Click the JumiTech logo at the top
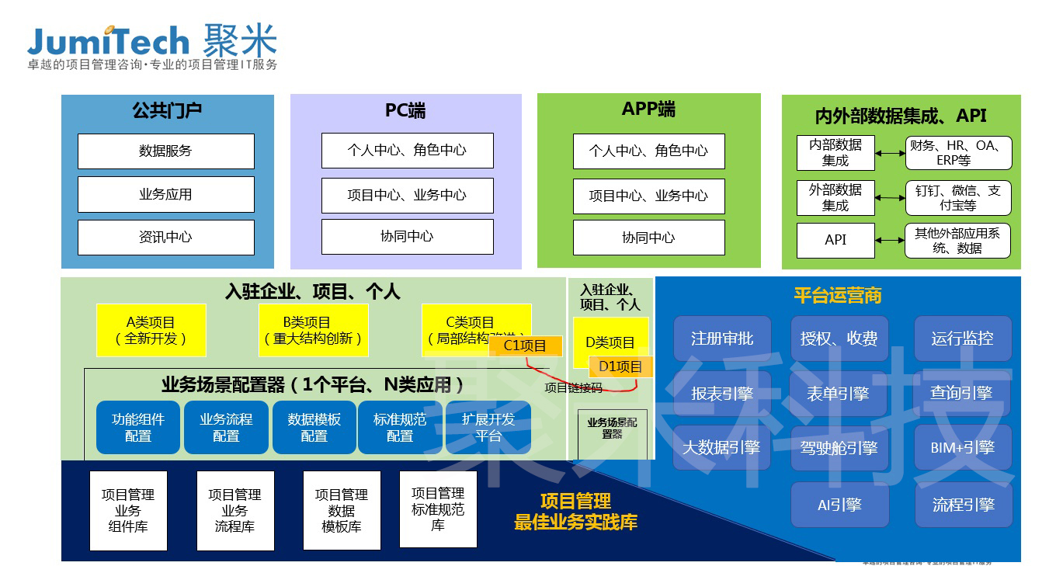[152, 43]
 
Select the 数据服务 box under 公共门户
[165, 151]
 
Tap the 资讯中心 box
[165, 237]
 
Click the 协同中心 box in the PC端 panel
[407, 236]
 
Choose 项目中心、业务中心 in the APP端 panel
[648, 195]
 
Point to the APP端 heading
[648, 109]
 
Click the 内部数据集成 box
[835, 152]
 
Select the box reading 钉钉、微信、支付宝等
[958, 198]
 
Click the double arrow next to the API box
[890, 241]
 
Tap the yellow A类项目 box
[151, 330]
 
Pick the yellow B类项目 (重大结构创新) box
[313, 330]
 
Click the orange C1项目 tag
[525, 346]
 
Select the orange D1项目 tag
[620, 366]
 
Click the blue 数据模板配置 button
[314, 427]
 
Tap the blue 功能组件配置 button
[138, 427]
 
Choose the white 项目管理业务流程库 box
[234, 510]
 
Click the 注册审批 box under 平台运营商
[721, 339]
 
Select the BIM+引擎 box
[962, 447]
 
